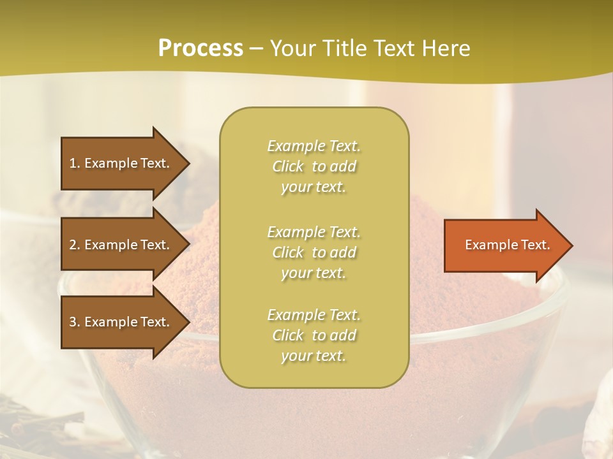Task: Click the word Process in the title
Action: (201, 48)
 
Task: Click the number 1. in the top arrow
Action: (75, 163)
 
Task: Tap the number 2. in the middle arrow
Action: (75, 245)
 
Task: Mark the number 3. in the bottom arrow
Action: (75, 322)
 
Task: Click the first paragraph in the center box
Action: (314, 166)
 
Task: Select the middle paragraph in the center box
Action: (314, 252)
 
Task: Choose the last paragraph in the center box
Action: (314, 335)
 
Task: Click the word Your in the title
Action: (292, 48)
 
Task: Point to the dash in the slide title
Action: (256, 49)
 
